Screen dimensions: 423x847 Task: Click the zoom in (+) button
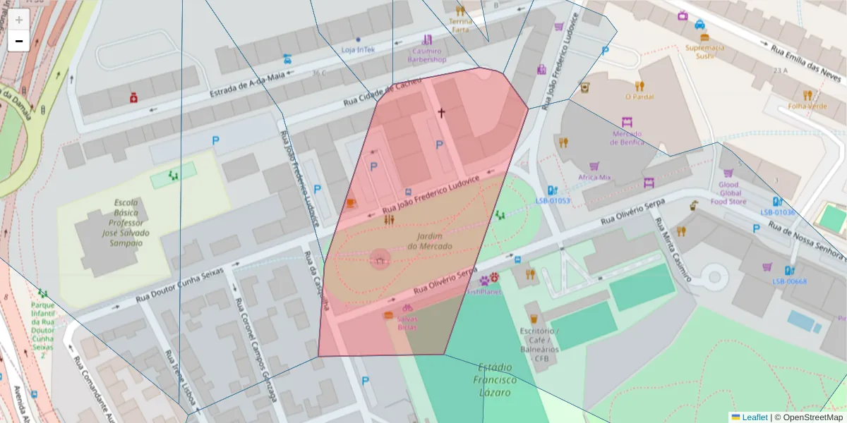click(x=19, y=20)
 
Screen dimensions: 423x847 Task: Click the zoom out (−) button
click(x=19, y=41)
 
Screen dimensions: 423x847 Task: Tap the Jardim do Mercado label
click(x=429, y=241)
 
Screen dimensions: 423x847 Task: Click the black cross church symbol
click(x=442, y=113)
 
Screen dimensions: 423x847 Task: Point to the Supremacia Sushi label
click(x=704, y=51)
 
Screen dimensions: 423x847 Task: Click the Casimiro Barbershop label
click(x=426, y=55)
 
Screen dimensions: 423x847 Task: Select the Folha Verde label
click(x=807, y=106)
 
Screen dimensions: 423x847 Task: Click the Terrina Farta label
click(x=459, y=25)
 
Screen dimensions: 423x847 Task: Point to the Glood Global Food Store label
click(x=728, y=193)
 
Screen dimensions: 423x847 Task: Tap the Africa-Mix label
click(x=594, y=178)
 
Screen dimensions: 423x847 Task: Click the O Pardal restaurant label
click(x=639, y=97)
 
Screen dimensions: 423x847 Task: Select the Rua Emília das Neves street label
click(x=806, y=60)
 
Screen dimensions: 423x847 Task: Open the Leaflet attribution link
click(x=755, y=417)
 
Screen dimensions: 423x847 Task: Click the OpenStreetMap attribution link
click(x=812, y=417)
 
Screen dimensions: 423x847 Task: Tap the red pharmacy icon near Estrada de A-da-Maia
click(x=133, y=97)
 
